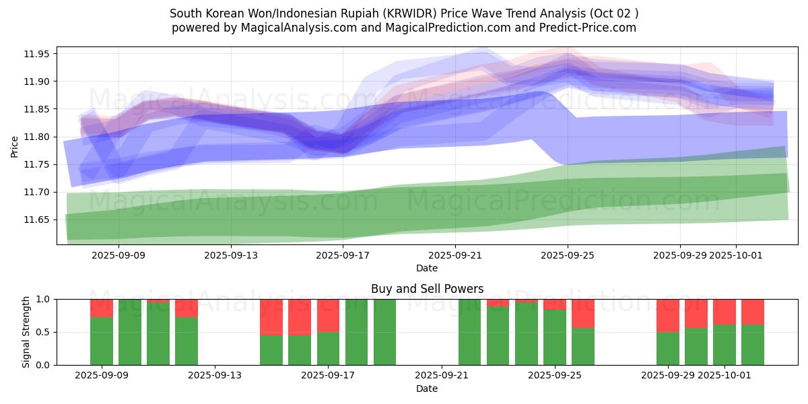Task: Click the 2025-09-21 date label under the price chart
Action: [x=455, y=255]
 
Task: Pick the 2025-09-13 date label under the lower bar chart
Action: [x=215, y=376]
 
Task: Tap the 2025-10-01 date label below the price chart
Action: [x=735, y=255]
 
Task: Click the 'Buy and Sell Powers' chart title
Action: [x=427, y=289]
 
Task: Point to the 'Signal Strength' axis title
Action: [x=26, y=332]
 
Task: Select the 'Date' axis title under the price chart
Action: [x=427, y=268]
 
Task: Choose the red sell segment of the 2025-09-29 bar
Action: [x=668, y=315]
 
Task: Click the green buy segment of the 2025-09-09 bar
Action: [x=102, y=341]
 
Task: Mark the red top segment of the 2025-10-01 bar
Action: [x=725, y=312]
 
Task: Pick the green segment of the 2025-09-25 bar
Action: [x=555, y=337]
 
